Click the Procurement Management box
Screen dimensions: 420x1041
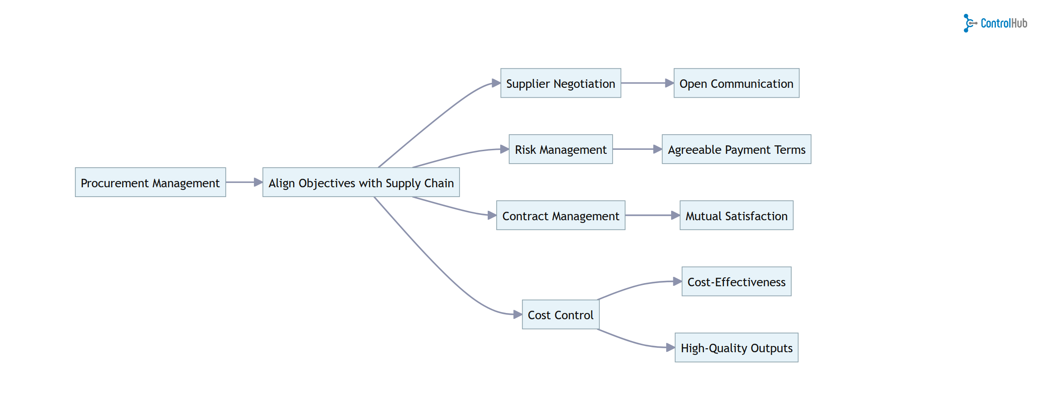coord(150,182)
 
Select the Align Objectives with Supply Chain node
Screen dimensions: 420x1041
coord(361,182)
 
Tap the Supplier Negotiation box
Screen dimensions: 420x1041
coord(560,83)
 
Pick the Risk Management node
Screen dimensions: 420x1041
coord(560,149)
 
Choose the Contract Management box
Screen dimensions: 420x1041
coord(560,215)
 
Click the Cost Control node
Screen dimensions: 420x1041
coord(560,315)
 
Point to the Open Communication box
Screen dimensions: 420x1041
coord(736,83)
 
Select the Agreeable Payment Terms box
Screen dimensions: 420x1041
coord(736,149)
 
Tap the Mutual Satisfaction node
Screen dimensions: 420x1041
coord(736,215)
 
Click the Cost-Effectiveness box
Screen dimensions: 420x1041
coord(736,282)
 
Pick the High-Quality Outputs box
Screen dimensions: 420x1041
coord(736,348)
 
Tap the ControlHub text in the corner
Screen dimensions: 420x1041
coord(1004,23)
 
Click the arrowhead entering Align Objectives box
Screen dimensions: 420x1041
coord(258,182)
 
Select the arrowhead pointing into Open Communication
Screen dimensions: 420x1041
coord(669,83)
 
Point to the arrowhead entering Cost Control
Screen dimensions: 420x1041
coord(518,314)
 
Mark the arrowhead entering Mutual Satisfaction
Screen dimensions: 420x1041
coord(676,215)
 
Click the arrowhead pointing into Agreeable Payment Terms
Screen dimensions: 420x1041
coord(658,149)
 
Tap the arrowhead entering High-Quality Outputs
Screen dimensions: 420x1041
coord(671,347)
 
